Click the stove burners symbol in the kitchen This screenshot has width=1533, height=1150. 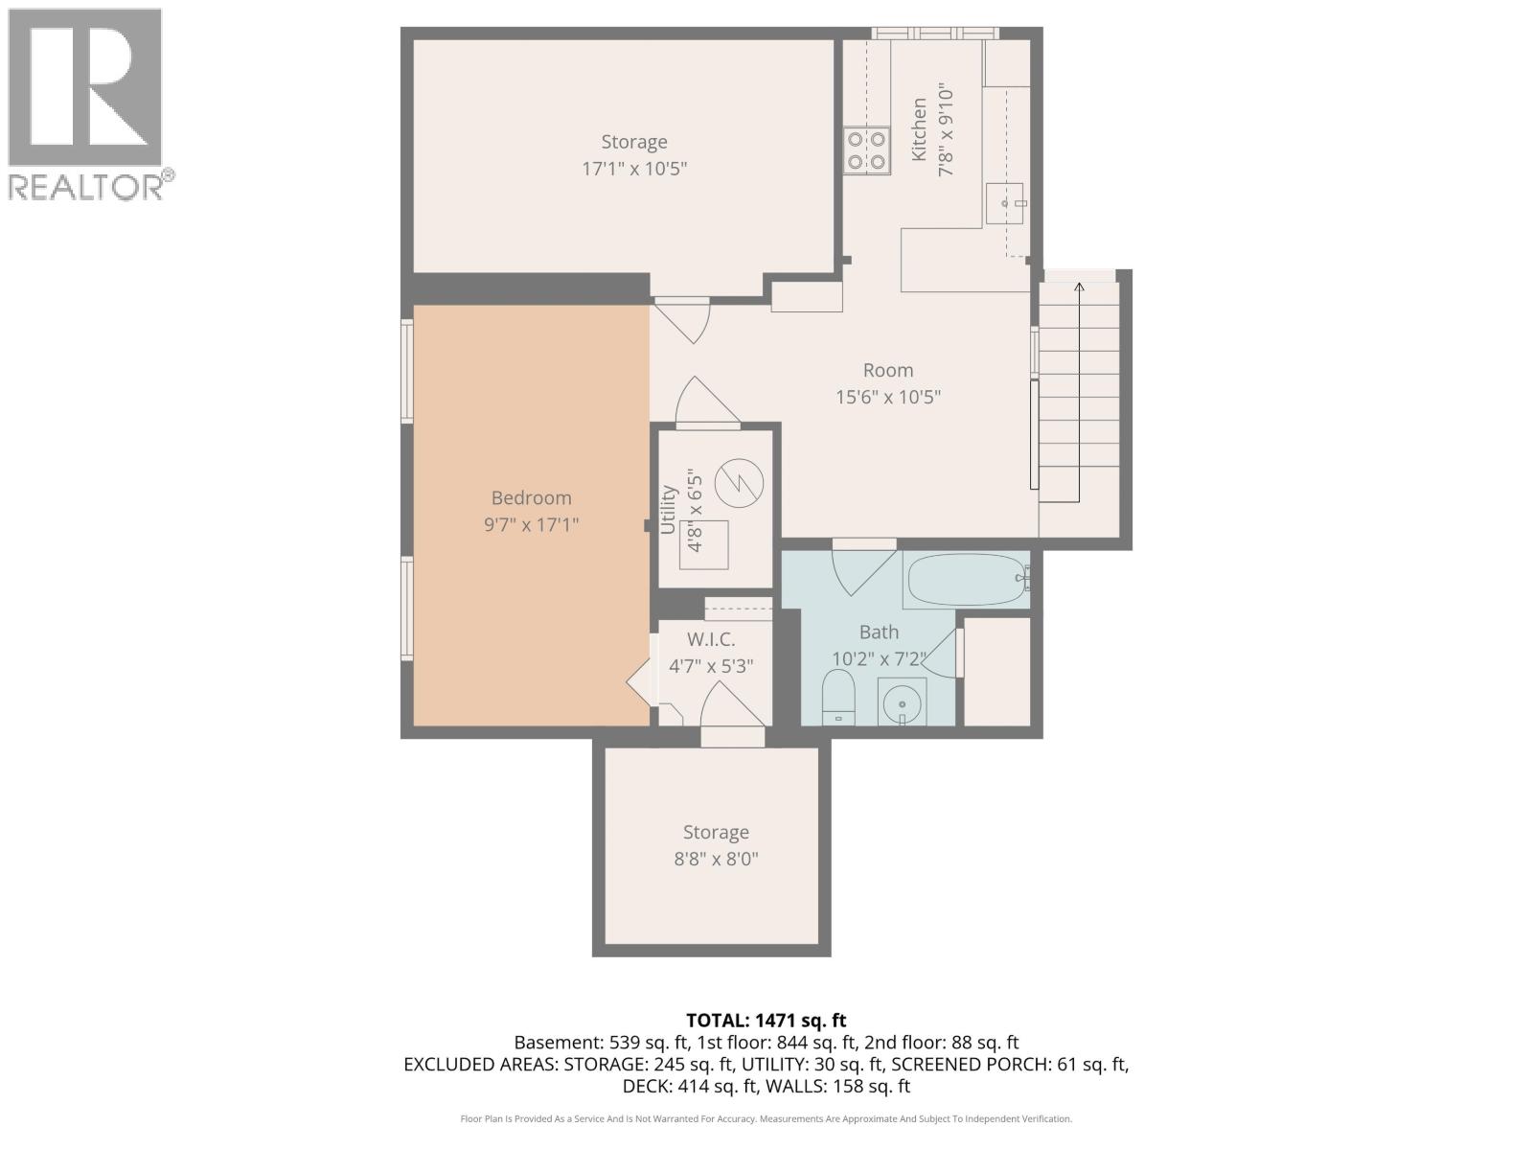coord(866,151)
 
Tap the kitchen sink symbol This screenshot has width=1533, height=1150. coord(1004,203)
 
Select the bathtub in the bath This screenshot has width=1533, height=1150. coord(966,580)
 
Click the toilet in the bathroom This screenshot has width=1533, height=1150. coord(838,696)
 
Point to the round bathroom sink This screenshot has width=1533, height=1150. coord(902,705)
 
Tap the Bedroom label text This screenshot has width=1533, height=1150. coord(531,497)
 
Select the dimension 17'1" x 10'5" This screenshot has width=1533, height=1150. coord(634,169)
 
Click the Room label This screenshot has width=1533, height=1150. coord(888,370)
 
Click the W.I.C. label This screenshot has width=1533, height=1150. coord(711,639)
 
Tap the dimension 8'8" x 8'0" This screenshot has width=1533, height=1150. coord(716,859)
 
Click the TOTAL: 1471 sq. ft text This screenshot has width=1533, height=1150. coord(766,1021)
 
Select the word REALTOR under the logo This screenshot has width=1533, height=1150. coord(86,187)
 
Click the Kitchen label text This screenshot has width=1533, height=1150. coord(919,129)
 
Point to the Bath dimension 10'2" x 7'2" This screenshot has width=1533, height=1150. coord(879,659)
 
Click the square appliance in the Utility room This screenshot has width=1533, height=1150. coord(704,544)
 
